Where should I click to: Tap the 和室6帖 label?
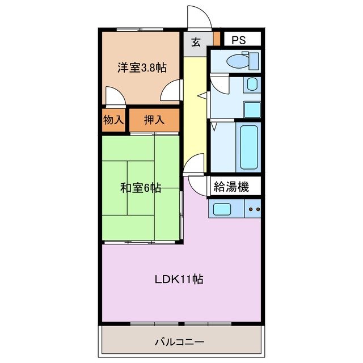click(x=140, y=188)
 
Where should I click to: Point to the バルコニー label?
click(x=179, y=342)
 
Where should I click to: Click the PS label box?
click(x=239, y=40)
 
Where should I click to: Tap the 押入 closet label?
click(x=154, y=120)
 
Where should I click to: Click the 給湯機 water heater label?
click(x=231, y=186)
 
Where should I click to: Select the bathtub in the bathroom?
click(x=249, y=146)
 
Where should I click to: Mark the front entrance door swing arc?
click(x=200, y=17)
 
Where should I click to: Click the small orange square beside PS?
click(x=217, y=40)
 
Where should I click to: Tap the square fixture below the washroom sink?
click(x=251, y=108)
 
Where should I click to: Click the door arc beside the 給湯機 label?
click(x=197, y=184)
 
